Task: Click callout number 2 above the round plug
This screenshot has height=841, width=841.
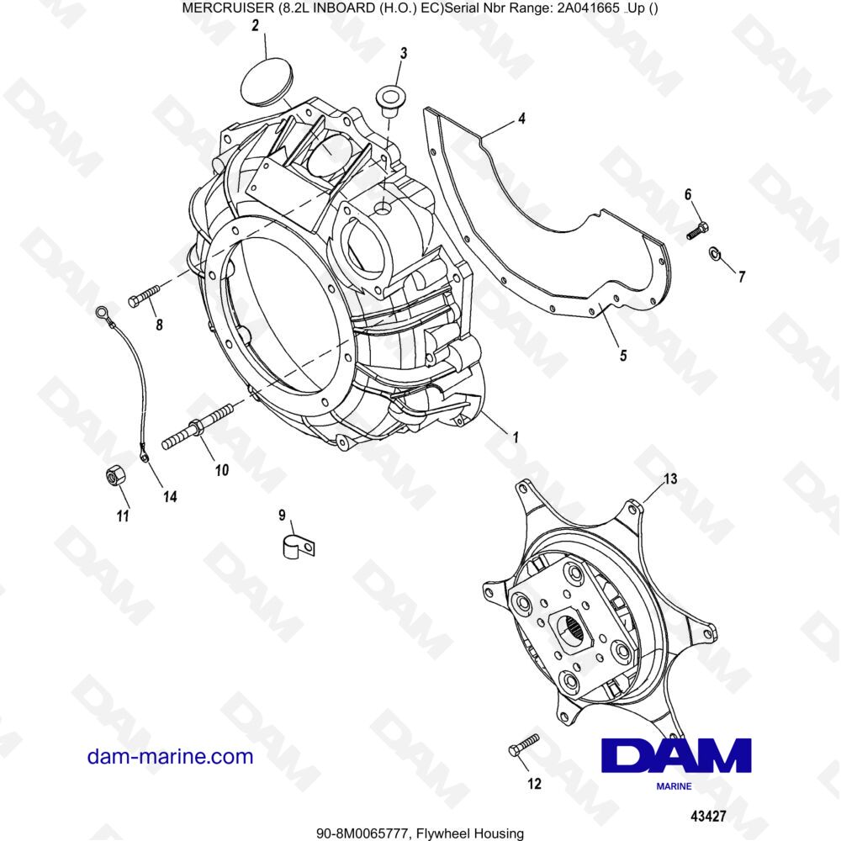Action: [x=254, y=26]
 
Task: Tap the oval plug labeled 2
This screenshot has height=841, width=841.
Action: [x=267, y=79]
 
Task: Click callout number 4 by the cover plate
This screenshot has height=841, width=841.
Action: [x=521, y=119]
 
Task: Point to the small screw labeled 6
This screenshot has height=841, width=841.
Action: [x=697, y=229]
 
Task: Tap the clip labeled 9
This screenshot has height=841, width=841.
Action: [x=295, y=546]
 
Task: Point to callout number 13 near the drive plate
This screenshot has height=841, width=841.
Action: [x=669, y=479]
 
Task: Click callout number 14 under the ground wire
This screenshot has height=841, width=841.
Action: [x=170, y=497]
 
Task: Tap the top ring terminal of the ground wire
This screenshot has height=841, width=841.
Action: [x=103, y=314]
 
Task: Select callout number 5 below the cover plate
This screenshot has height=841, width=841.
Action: [x=622, y=355]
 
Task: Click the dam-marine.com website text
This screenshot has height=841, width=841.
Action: [x=170, y=756]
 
